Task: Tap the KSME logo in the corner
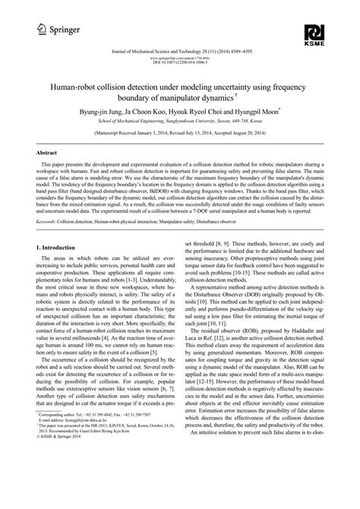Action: pos(314,35)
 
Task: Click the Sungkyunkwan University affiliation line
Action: pos(179,120)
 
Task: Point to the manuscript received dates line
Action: pos(179,133)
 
